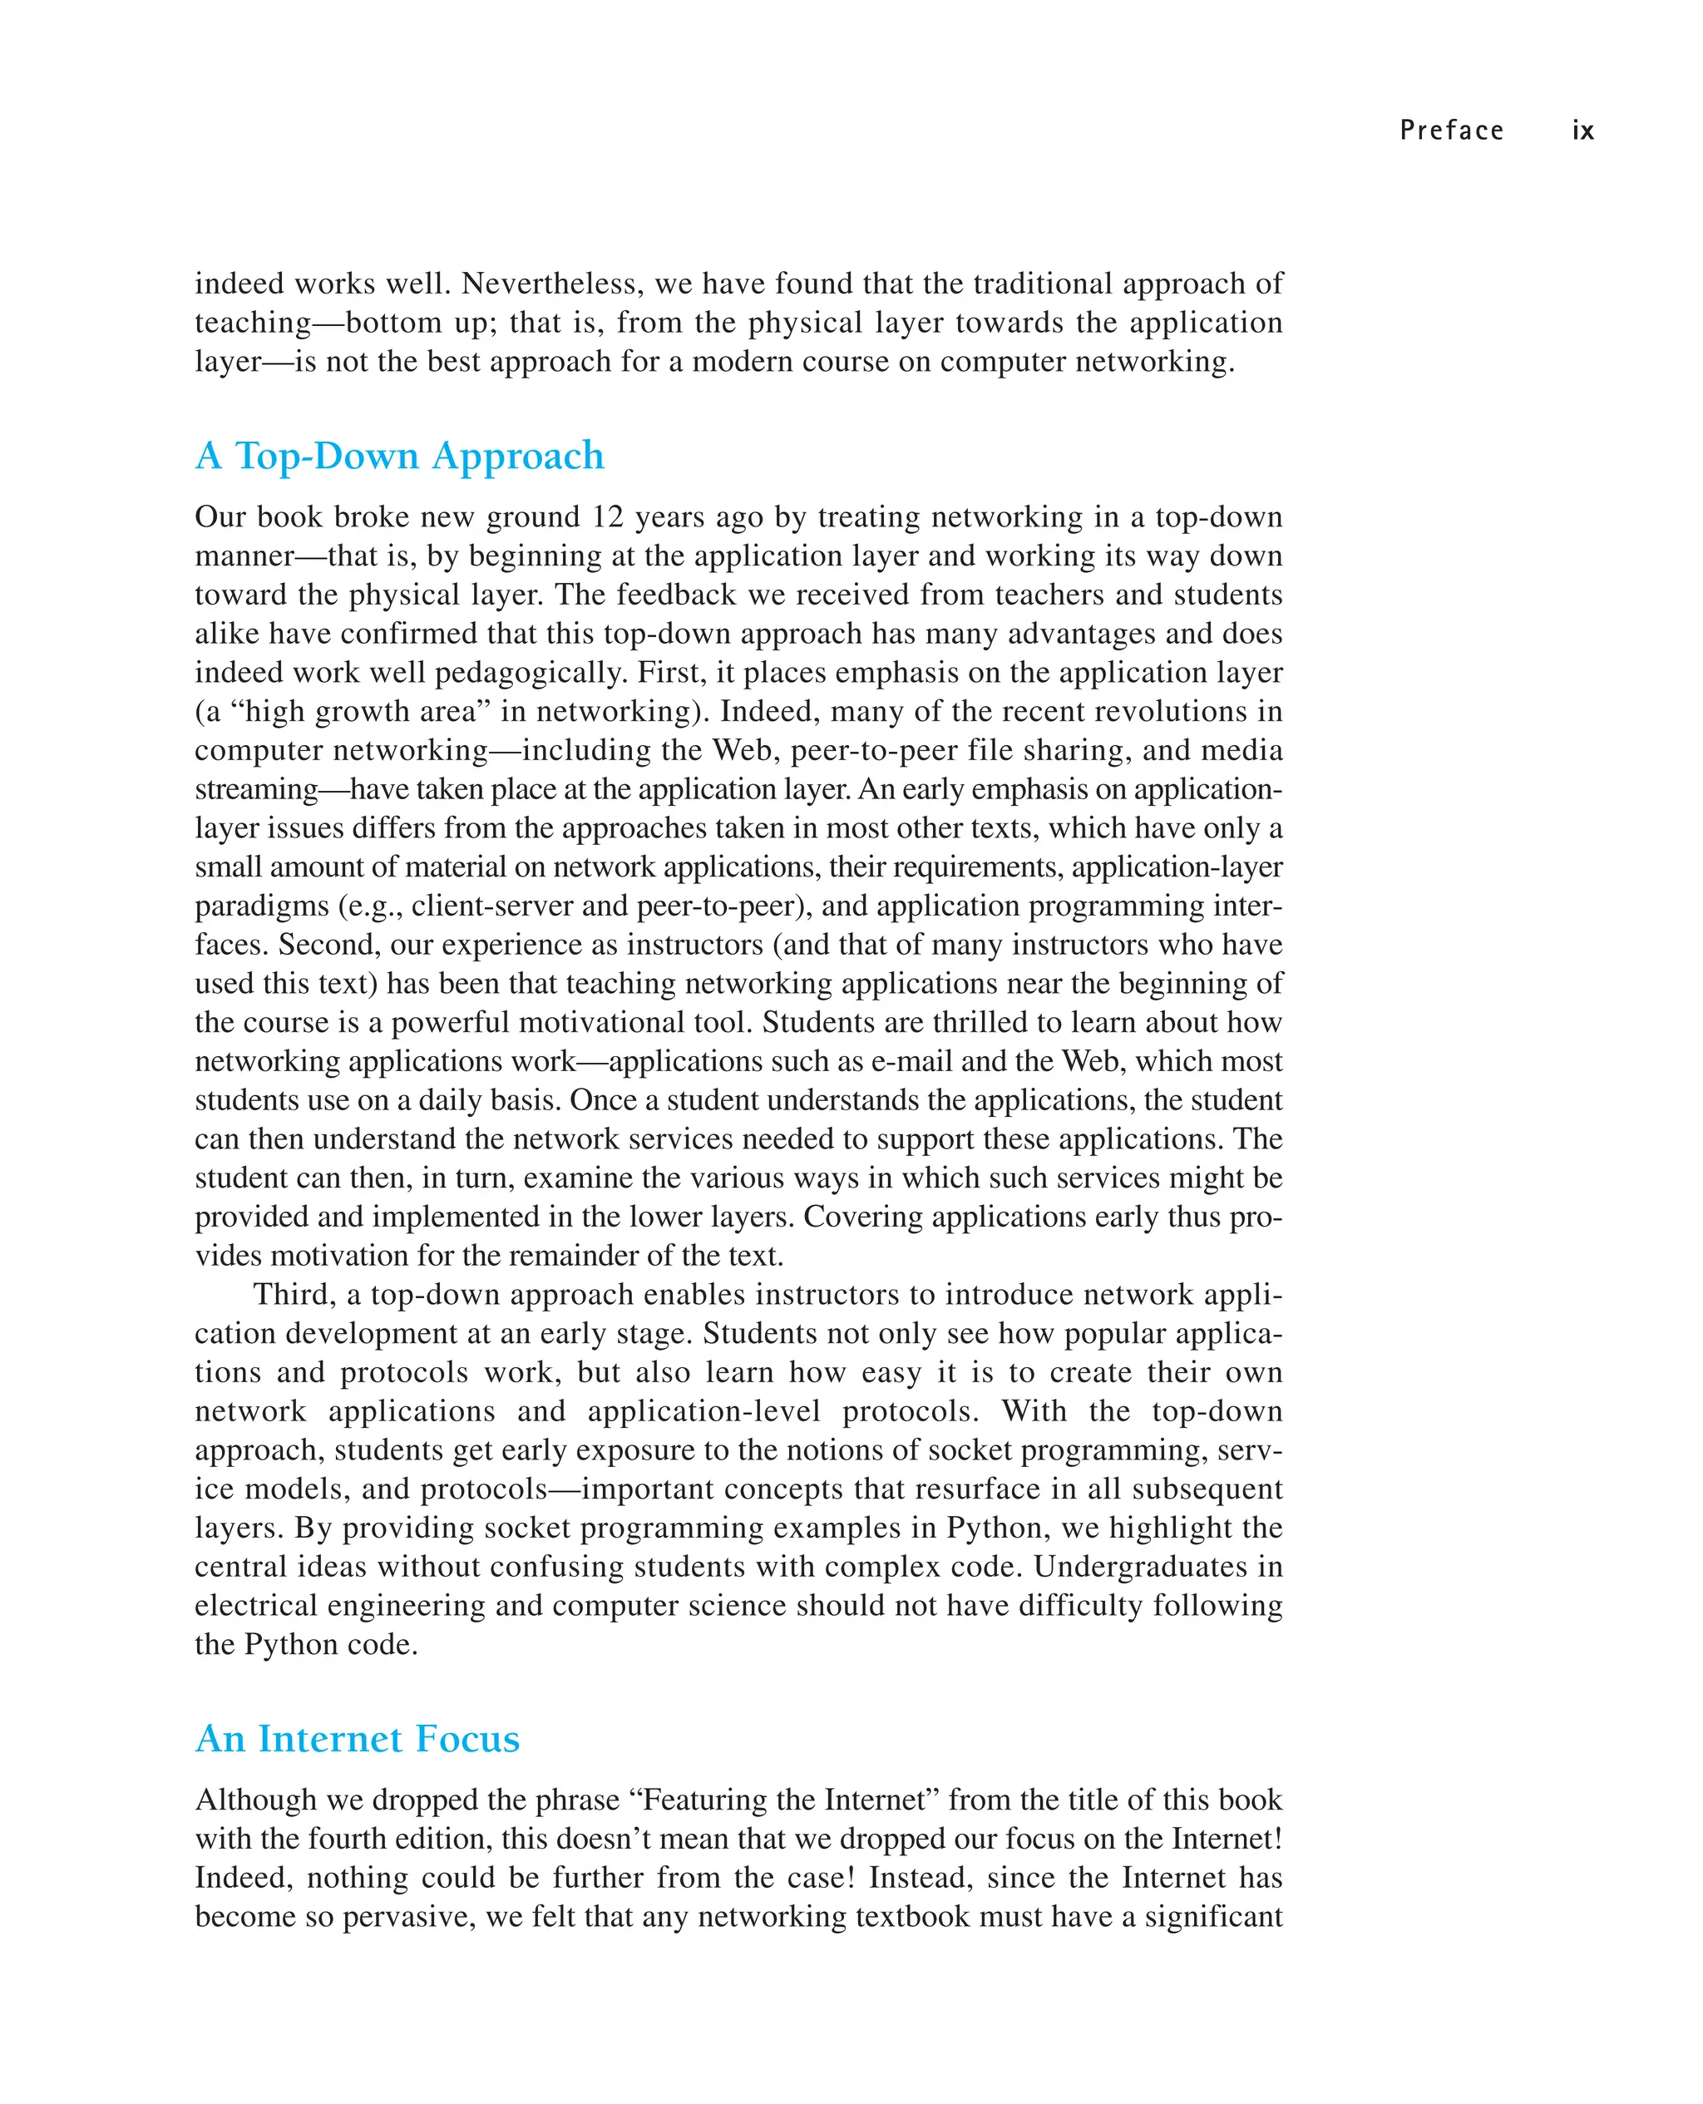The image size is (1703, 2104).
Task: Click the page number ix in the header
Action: [1582, 131]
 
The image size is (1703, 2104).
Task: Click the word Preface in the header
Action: [1451, 131]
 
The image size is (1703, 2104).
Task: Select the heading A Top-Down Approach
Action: [399, 456]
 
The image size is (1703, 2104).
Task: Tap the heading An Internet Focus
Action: [357, 1739]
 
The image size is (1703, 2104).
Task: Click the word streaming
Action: [256, 789]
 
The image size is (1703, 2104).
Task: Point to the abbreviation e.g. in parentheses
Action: [371, 906]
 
